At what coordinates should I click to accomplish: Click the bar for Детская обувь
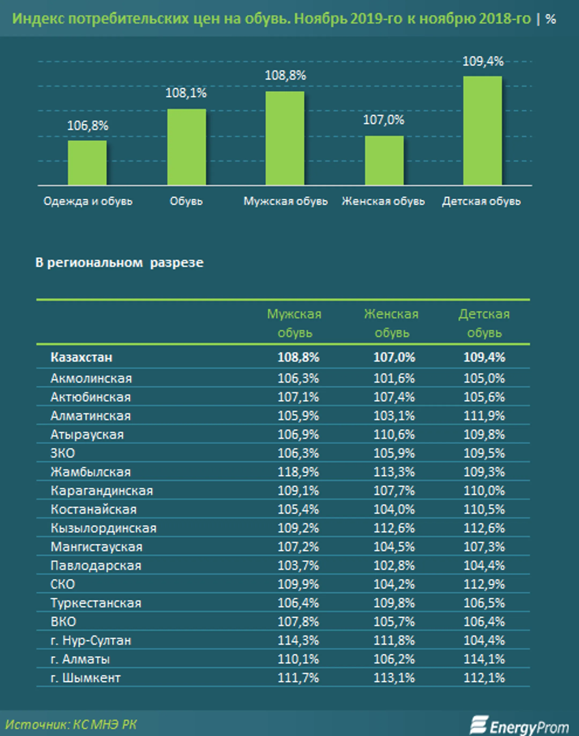click(x=482, y=131)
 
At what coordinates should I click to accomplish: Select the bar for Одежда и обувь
click(x=87, y=163)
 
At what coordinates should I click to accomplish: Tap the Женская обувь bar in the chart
click(x=384, y=160)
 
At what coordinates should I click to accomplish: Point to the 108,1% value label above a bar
click(x=186, y=93)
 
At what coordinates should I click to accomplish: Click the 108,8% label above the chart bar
click(x=285, y=75)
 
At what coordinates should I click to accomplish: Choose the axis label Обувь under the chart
click(x=186, y=201)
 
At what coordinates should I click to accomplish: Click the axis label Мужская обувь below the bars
click(x=285, y=201)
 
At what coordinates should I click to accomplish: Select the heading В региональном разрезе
click(x=119, y=263)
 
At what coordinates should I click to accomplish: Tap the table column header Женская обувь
click(x=392, y=323)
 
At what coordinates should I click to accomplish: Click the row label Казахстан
click(x=81, y=357)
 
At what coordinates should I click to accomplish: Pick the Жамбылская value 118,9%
click(x=298, y=472)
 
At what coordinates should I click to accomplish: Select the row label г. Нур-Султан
click(x=91, y=640)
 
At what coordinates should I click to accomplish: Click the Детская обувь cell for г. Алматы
click(x=484, y=659)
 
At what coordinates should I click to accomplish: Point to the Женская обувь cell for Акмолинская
click(x=394, y=378)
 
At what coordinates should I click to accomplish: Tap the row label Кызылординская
click(x=104, y=528)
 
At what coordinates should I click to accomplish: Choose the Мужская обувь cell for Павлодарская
click(x=298, y=565)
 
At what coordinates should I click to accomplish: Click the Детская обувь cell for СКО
click(x=484, y=584)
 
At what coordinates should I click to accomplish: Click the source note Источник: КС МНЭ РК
click(x=71, y=724)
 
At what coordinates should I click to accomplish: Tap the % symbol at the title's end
click(x=551, y=19)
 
